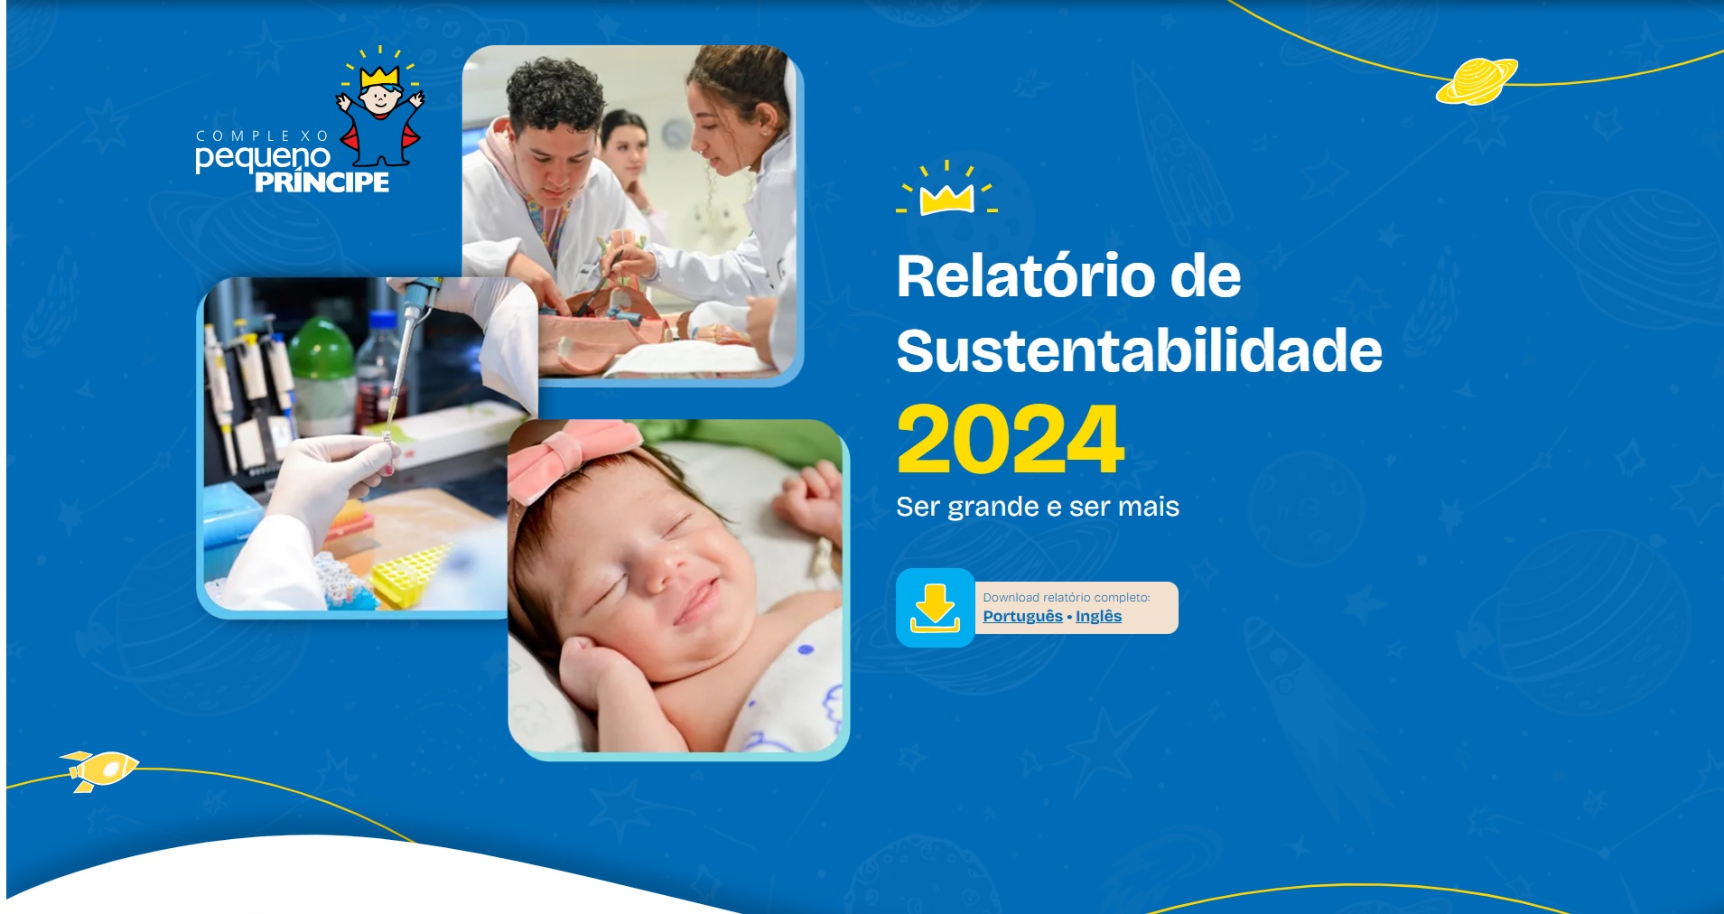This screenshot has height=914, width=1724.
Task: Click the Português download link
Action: tap(1022, 616)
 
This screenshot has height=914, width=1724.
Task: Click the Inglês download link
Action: tap(1098, 616)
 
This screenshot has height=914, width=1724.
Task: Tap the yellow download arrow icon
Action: tap(935, 607)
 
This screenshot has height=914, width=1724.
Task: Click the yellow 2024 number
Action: tap(1010, 440)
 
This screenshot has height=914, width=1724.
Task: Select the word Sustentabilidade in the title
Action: tap(1139, 350)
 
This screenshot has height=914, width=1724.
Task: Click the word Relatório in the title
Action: tap(1025, 276)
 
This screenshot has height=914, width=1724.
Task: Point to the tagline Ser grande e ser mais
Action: tap(1037, 507)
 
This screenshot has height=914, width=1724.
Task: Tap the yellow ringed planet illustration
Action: tap(1477, 81)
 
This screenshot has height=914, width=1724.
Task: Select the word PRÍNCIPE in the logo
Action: tap(322, 182)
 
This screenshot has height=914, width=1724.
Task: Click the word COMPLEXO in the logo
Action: tap(262, 135)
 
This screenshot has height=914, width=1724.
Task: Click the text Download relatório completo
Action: tap(1066, 597)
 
